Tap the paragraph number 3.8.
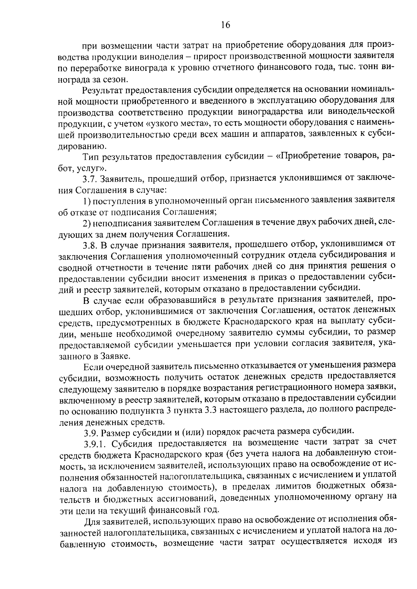coord(90,245)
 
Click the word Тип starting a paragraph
coord(90,157)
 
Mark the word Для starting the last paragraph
coord(92,521)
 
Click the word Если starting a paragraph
coord(93,366)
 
